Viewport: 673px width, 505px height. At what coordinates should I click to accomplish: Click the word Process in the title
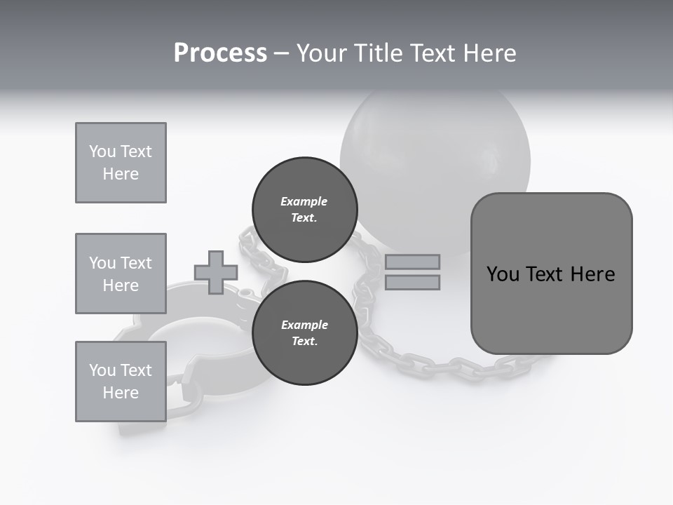click(220, 53)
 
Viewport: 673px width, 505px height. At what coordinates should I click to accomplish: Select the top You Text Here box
click(121, 163)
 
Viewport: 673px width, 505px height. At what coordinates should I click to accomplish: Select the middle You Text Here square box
click(121, 274)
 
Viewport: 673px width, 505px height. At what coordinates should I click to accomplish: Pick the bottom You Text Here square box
click(121, 381)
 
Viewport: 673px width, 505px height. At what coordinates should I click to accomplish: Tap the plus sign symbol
click(215, 272)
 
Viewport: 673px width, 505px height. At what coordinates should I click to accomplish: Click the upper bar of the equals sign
click(412, 262)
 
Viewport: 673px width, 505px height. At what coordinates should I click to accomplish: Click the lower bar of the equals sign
click(412, 282)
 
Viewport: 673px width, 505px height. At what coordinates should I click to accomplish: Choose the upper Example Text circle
click(304, 209)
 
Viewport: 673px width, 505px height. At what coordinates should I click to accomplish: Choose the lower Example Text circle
click(304, 332)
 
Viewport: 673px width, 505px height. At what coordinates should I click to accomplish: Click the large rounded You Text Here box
click(551, 274)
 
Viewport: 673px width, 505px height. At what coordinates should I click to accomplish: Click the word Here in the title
click(489, 53)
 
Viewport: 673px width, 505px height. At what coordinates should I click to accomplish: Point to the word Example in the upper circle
click(304, 201)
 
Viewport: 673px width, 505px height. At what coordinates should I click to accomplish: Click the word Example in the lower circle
click(304, 325)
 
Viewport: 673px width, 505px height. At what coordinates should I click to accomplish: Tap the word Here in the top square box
click(121, 174)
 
